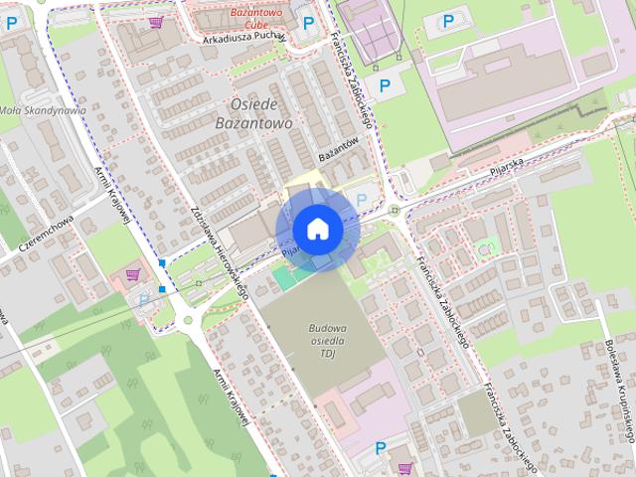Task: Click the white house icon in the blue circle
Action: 317,229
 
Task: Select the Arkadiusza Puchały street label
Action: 242,40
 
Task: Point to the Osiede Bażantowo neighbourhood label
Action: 253,113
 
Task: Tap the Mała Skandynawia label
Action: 42,110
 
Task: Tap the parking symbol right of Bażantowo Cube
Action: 308,22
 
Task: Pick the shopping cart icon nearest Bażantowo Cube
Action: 155,21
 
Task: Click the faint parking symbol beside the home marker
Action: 362,199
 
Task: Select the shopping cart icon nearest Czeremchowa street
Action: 132,274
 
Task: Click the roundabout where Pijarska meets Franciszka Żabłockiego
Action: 395,210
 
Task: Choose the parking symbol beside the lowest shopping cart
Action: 381,448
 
